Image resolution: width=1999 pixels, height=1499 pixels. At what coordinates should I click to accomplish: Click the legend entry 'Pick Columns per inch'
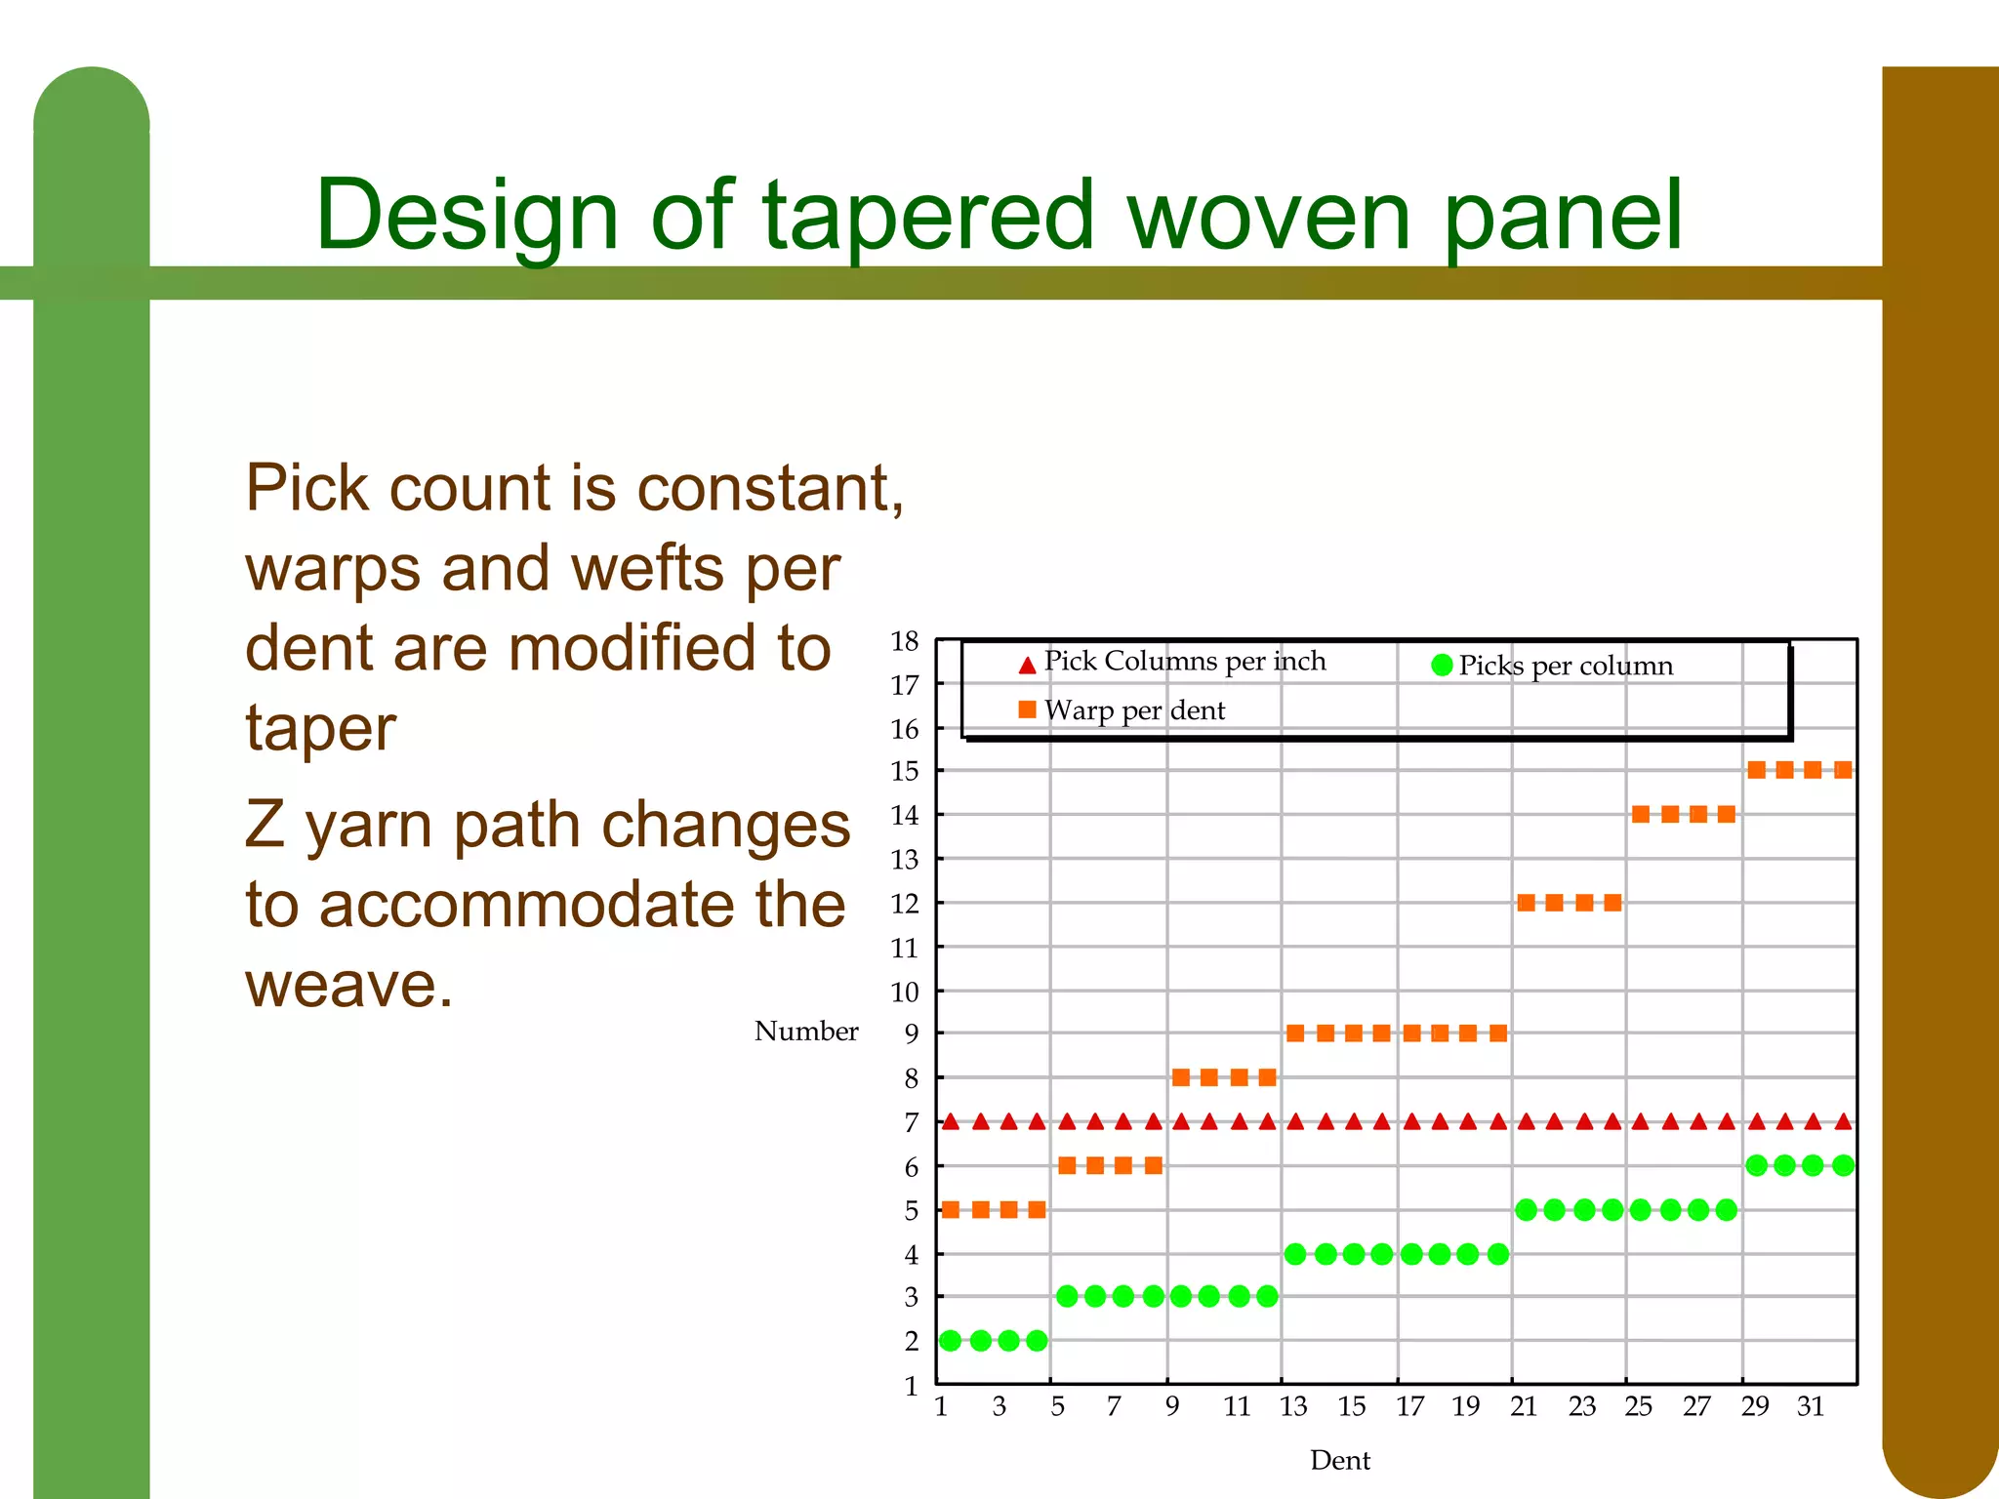1184,662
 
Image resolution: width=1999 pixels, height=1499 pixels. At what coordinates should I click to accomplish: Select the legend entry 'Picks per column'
1565,666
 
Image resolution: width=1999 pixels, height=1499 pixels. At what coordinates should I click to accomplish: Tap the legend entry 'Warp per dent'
1133,710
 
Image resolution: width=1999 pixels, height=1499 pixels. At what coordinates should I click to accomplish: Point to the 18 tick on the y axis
905,641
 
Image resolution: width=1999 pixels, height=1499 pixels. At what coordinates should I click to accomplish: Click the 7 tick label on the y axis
911,1122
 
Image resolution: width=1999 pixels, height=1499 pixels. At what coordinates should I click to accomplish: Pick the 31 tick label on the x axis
1811,1406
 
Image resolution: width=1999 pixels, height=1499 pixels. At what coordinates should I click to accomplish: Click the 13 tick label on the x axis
1293,1406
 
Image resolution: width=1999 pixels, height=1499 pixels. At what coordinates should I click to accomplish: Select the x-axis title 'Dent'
1339,1460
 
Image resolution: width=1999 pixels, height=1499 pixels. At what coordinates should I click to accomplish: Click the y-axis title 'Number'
806,1031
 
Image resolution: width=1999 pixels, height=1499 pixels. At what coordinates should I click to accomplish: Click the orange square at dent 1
951,1210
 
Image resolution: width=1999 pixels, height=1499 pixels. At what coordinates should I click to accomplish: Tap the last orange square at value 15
1843,770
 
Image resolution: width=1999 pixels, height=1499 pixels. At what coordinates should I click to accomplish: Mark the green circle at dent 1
951,1341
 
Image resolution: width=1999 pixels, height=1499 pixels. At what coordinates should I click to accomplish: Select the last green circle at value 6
1843,1165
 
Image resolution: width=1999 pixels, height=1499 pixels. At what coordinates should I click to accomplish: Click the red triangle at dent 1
951,1122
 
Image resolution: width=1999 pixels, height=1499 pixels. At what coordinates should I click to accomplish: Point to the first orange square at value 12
1527,903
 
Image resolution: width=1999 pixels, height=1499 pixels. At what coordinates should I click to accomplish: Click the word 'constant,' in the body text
770,488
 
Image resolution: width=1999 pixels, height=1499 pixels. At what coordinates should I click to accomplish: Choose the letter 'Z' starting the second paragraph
264,825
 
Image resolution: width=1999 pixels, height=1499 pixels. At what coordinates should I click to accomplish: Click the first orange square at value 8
1181,1077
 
